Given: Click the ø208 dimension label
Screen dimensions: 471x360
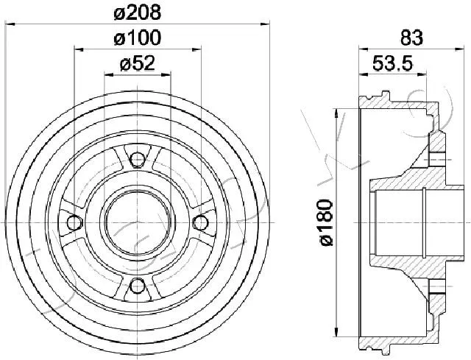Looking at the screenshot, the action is click(x=138, y=13).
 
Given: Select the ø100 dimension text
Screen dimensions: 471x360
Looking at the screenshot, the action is click(x=138, y=38).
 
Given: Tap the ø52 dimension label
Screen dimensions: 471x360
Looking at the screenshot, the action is click(x=138, y=64).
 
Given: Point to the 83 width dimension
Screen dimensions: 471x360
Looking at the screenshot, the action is click(x=411, y=38).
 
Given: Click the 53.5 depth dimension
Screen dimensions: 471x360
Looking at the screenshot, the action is click(x=392, y=63).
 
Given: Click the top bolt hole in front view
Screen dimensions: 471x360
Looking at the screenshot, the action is click(x=138, y=159).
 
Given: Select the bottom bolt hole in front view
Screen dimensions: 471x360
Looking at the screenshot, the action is click(x=138, y=286).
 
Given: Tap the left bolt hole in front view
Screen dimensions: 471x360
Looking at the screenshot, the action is click(x=74, y=222).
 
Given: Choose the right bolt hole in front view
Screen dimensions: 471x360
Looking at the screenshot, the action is click(x=200, y=222).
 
